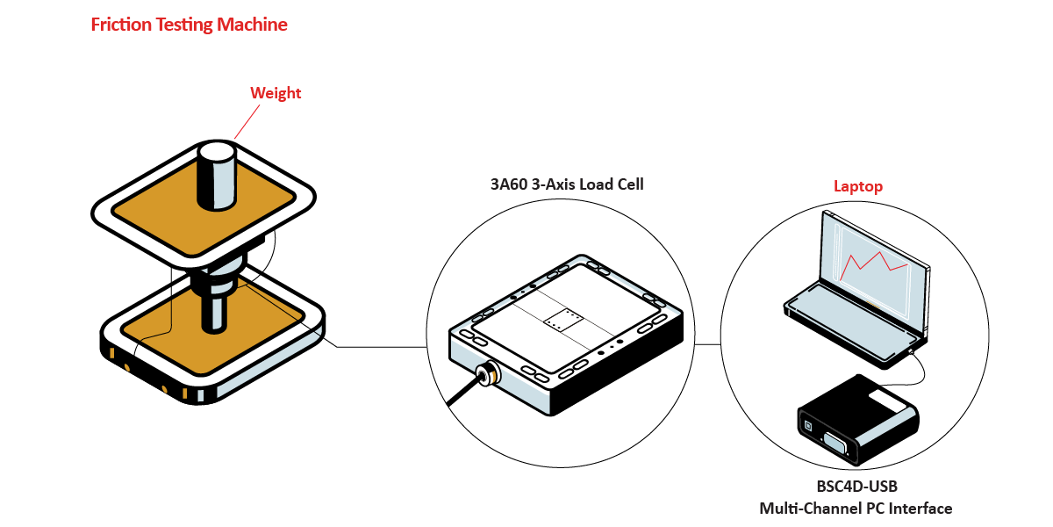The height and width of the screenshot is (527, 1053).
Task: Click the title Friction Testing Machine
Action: tap(189, 25)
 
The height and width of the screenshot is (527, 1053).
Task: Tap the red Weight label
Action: tap(276, 93)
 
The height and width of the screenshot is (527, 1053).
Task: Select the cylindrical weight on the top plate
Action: tap(216, 174)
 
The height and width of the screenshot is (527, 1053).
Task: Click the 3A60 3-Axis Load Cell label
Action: tap(567, 184)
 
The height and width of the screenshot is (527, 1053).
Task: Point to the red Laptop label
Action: tap(857, 186)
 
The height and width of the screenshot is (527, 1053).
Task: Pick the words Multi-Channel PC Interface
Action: tap(856, 509)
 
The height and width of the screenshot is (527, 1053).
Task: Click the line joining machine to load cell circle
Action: tap(377, 347)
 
